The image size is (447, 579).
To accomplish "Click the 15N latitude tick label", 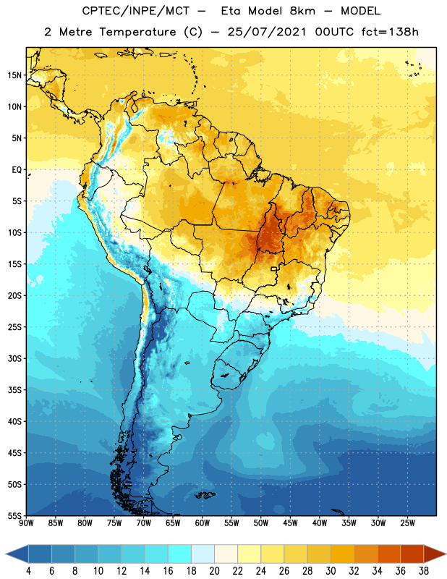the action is click(x=14, y=75).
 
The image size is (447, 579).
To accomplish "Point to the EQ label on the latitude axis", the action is click(x=17, y=170).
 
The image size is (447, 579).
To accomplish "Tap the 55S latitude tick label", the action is click(x=14, y=515).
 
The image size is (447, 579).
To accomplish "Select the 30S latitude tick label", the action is click(x=14, y=358).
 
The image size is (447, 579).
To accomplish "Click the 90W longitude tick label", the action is click(x=26, y=523).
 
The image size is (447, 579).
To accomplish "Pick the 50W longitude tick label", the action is click(x=261, y=523).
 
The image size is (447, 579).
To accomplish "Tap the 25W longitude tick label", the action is click(x=407, y=523).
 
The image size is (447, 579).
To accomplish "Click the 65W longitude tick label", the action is click(x=173, y=523).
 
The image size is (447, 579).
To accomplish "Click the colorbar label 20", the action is click(x=214, y=571).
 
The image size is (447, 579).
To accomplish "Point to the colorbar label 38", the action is click(x=423, y=571).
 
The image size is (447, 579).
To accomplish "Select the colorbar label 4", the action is click(x=28, y=571).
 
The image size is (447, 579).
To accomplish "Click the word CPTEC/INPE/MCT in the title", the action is click(x=135, y=11).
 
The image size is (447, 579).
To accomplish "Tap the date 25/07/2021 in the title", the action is click(x=266, y=32).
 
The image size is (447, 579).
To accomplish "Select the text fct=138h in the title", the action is click(x=390, y=32).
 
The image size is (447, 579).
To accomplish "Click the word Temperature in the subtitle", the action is click(x=137, y=32).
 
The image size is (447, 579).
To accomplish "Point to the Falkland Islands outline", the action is click(x=205, y=495).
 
